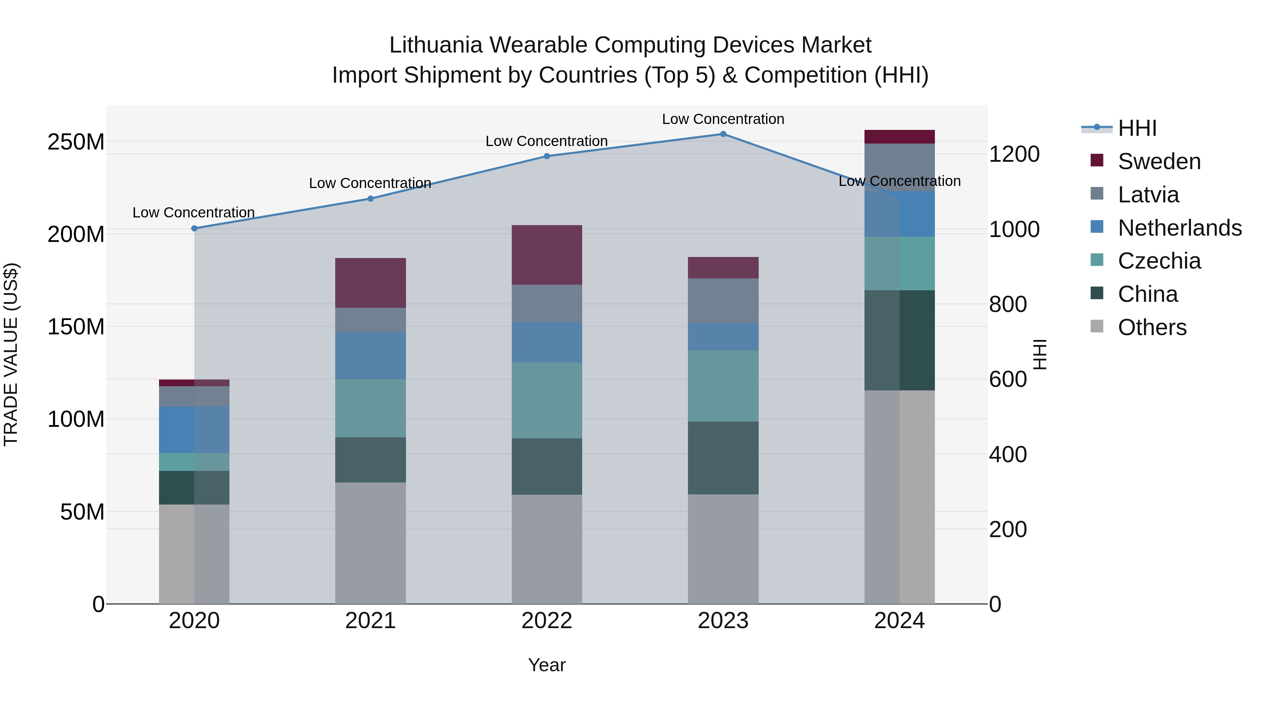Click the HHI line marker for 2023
pyautogui.click(x=723, y=134)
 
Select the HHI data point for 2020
pyautogui.click(x=194, y=229)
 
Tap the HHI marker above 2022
pyautogui.click(x=547, y=157)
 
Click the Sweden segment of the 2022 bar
pyautogui.click(x=547, y=255)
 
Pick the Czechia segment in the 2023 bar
pyautogui.click(x=723, y=386)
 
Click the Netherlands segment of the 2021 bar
pyautogui.click(x=371, y=356)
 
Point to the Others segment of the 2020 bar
pyautogui.click(x=194, y=554)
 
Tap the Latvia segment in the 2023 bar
pyautogui.click(x=723, y=300)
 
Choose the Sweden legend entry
pyautogui.click(x=1159, y=161)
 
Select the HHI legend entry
pyautogui.click(x=1137, y=128)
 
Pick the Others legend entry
pyautogui.click(x=1152, y=327)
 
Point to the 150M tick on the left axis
pyautogui.click(x=76, y=326)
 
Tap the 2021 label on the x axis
pyautogui.click(x=371, y=621)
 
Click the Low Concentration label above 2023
pyautogui.click(x=723, y=119)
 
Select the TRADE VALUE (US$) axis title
pyautogui.click(x=11, y=354)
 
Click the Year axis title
pyautogui.click(x=547, y=665)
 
